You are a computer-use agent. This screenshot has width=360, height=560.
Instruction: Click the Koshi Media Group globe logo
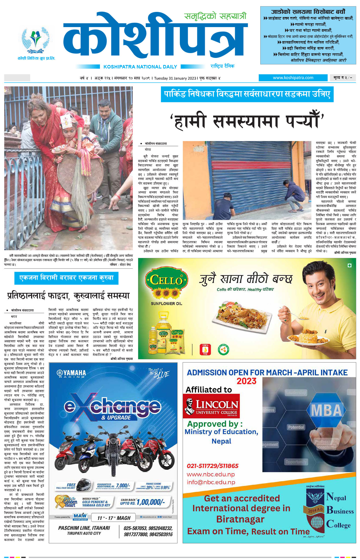point(36,40)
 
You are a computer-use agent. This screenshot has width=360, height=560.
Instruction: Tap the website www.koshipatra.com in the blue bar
point(293,78)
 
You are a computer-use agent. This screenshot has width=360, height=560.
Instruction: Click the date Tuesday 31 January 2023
point(175,78)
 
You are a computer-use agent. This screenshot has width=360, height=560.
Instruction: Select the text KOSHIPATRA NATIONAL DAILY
point(140,67)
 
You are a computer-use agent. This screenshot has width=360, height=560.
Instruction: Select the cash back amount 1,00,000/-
point(151,502)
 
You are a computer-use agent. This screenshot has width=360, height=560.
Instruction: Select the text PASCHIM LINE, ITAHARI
point(84,528)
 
